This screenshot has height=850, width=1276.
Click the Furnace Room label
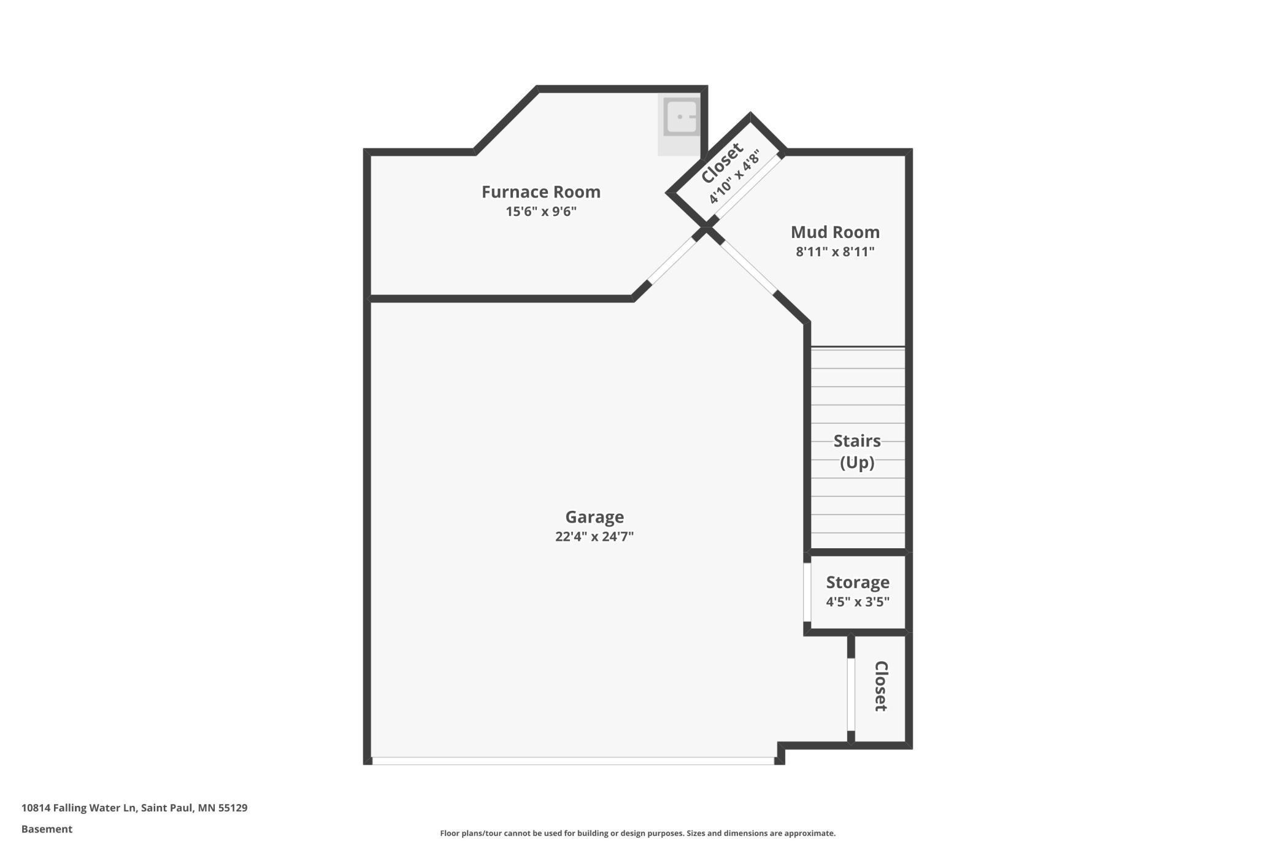540,192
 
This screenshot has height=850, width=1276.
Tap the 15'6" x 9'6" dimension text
540,212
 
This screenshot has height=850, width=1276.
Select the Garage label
594,517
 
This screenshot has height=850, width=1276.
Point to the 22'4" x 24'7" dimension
594,537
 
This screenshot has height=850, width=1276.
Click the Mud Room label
834,232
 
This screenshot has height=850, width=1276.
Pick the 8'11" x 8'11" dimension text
834,251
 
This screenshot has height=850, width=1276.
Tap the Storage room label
857,582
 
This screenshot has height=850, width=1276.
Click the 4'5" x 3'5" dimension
857,602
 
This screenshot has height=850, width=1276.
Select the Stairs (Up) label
856,451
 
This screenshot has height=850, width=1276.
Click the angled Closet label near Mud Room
721,163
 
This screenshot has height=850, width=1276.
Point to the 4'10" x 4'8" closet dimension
734,177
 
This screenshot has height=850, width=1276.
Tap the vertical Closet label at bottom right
880,686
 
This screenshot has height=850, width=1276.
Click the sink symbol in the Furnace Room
681,117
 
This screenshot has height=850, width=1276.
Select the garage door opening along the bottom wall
572,760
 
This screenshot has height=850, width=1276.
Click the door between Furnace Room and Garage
672,261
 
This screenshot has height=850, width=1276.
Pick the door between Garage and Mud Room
748,266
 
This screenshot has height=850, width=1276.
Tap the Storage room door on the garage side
807,592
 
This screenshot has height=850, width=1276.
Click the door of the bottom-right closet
851,694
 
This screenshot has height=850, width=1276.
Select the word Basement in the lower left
47,829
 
